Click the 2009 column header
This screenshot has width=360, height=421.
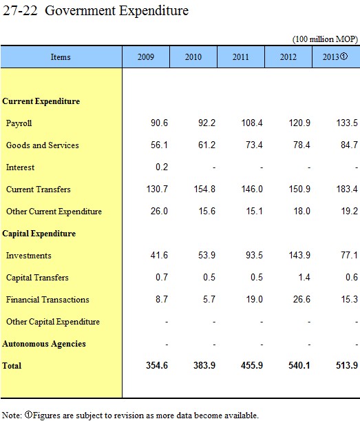146,57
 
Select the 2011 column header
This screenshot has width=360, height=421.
241,57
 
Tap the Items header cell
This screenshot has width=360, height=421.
61,57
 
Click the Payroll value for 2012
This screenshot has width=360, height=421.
299,123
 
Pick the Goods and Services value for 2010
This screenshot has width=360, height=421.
207,145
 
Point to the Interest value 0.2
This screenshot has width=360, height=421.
162,167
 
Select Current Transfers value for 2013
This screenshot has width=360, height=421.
347,189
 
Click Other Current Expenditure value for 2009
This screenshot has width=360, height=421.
159,211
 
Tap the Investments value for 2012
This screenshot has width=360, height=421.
299,255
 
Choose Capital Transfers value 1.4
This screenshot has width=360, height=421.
304,277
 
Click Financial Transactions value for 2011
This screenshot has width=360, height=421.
254,299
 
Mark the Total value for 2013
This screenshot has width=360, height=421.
347,365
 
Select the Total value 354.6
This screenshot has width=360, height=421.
157,365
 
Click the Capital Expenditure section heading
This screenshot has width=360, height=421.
39,234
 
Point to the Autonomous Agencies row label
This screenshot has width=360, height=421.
44,344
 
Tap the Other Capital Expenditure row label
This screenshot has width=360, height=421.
53,322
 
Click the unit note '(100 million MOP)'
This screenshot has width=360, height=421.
325,39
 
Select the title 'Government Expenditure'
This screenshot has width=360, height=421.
117,11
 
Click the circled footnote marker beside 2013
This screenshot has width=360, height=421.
344,56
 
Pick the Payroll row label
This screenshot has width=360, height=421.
19,123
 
